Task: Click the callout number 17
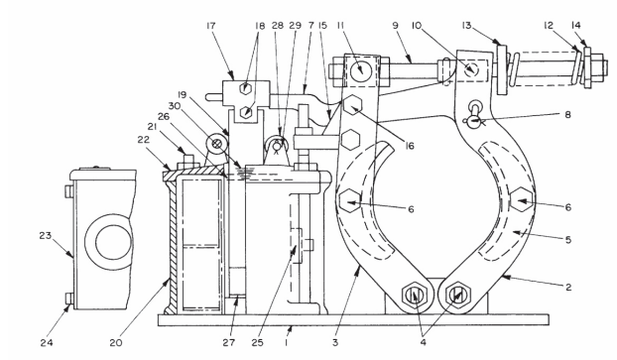(x=211, y=26)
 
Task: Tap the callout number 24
(x=47, y=343)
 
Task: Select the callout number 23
(x=46, y=235)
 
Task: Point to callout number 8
(x=567, y=115)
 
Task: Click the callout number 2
(x=568, y=288)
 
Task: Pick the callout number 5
(x=567, y=240)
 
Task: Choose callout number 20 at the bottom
(x=116, y=343)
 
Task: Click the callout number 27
(x=229, y=343)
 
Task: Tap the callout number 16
(x=410, y=146)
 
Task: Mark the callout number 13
(x=466, y=26)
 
